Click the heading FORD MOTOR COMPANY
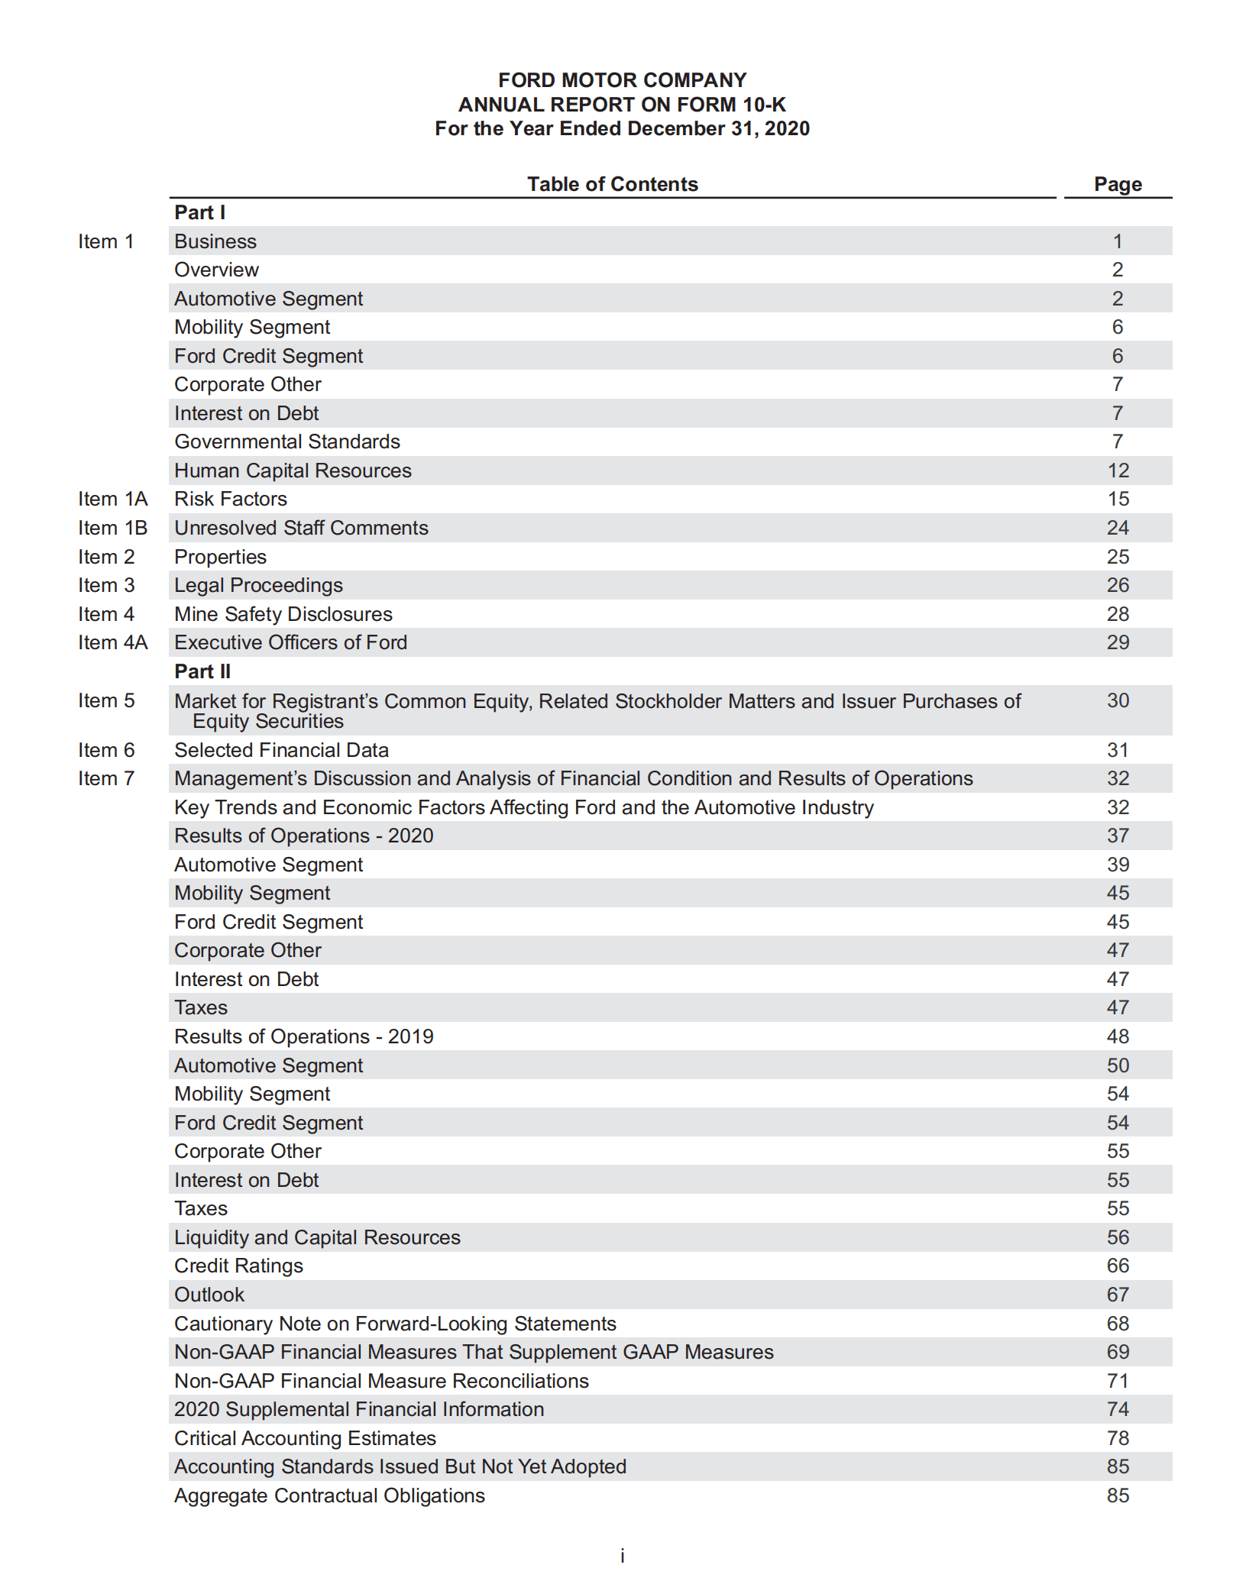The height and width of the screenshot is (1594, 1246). [x=622, y=80]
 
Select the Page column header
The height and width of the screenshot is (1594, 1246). [x=1117, y=184]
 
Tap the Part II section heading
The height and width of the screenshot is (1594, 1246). [x=202, y=671]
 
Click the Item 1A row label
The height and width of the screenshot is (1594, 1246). [x=112, y=499]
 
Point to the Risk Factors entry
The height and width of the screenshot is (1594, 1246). [x=231, y=499]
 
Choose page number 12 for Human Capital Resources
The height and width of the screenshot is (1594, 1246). [x=1118, y=470]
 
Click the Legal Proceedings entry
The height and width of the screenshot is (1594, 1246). [x=258, y=585]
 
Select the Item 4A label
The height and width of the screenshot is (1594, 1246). [x=112, y=642]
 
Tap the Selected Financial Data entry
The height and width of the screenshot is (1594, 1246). [x=281, y=750]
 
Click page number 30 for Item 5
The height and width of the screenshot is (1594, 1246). [x=1118, y=700]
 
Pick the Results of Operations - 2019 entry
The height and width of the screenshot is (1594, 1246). [x=303, y=1036]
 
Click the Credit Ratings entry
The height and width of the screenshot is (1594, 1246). [x=238, y=1266]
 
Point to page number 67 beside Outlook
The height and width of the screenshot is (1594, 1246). [x=1118, y=1295]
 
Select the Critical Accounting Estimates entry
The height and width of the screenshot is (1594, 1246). [x=305, y=1438]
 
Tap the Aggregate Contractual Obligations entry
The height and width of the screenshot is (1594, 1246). [x=329, y=1495]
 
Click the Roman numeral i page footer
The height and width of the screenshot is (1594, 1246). [x=623, y=1556]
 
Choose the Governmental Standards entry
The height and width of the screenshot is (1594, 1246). [x=287, y=441]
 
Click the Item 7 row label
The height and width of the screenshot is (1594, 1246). [x=106, y=778]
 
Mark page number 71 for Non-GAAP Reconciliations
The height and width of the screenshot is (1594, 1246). [x=1118, y=1381]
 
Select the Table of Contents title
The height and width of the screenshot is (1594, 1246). [x=612, y=184]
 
